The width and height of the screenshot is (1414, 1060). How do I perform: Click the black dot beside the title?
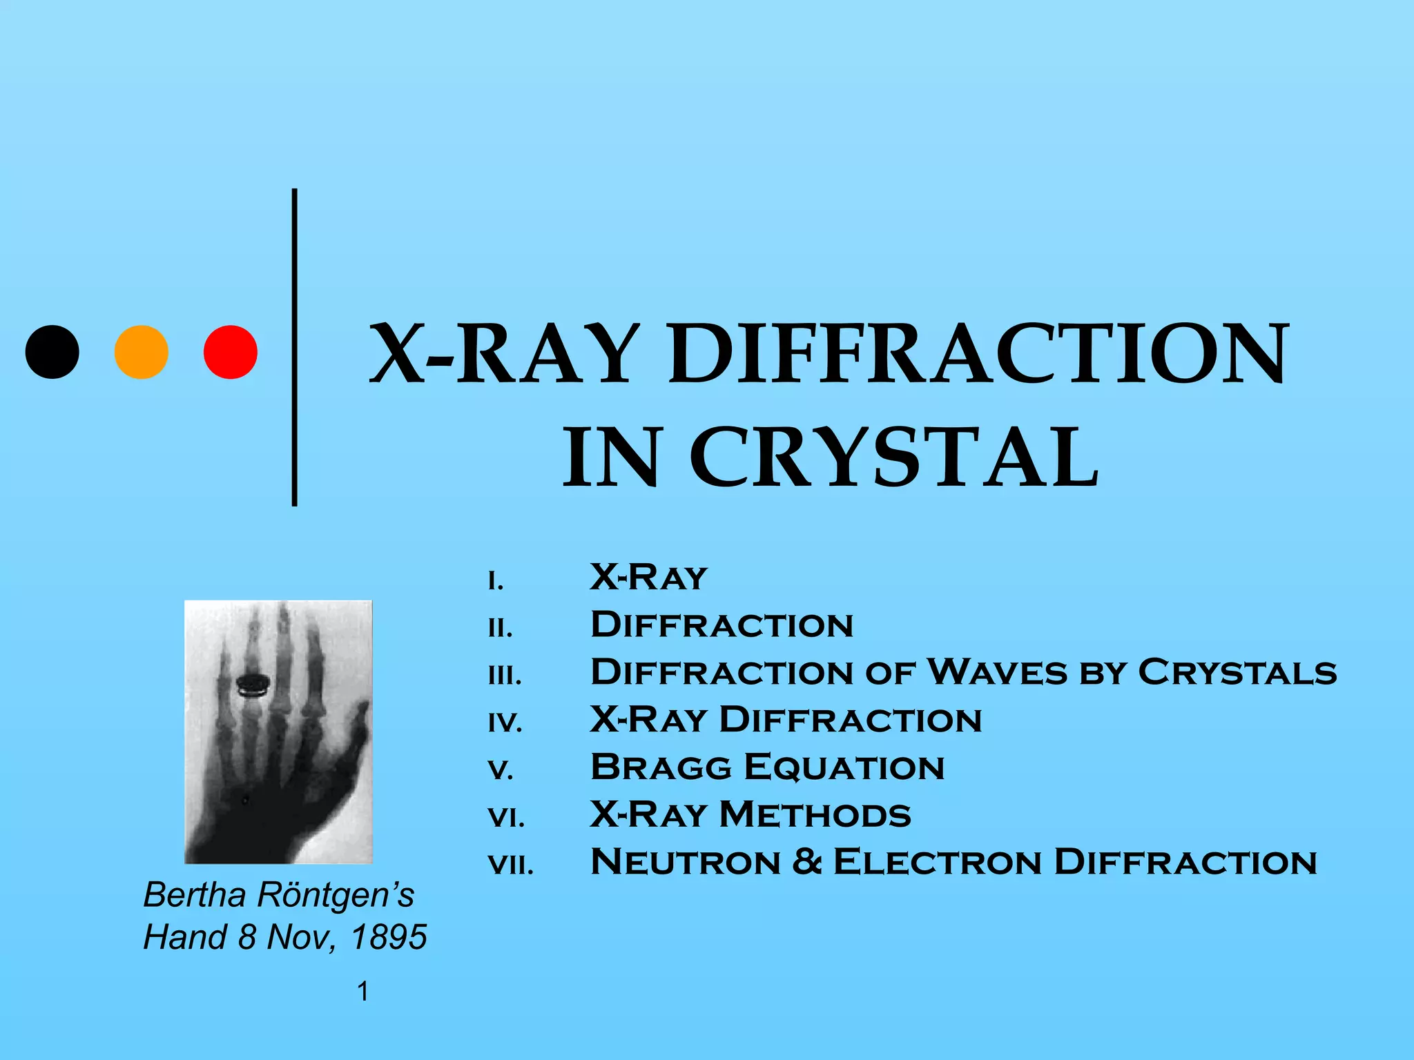52,352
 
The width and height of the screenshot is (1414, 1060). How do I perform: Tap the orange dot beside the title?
141,352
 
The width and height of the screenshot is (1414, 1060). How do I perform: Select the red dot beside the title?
231,352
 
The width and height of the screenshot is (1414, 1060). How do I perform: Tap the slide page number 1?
362,992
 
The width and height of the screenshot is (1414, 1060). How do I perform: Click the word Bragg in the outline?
661,767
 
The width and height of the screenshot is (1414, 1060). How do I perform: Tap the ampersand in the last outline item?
807,862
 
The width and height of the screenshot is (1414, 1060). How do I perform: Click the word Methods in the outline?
815,815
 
